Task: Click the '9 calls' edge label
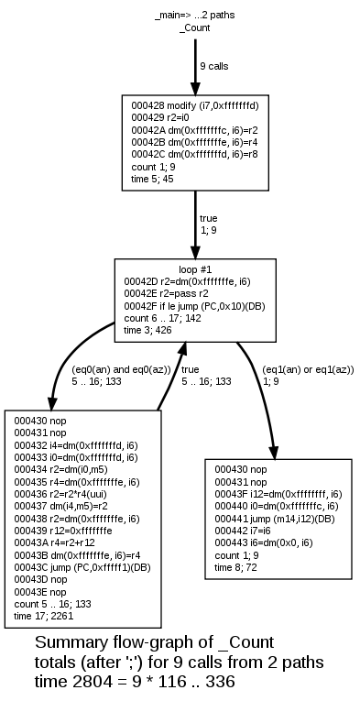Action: click(x=213, y=67)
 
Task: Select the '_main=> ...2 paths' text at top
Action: click(x=195, y=16)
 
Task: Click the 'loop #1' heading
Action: click(x=195, y=269)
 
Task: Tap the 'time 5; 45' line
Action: click(x=153, y=180)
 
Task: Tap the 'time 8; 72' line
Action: click(x=236, y=567)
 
